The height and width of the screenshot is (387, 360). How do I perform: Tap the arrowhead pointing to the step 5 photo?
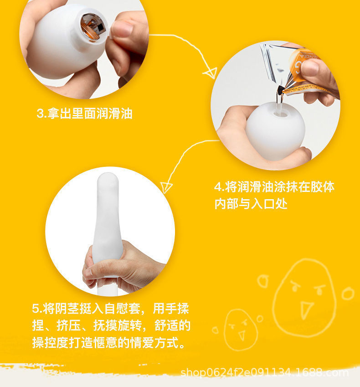167,186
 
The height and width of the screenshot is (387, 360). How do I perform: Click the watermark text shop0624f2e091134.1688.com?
265,373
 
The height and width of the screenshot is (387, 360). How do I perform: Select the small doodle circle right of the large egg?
347,293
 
